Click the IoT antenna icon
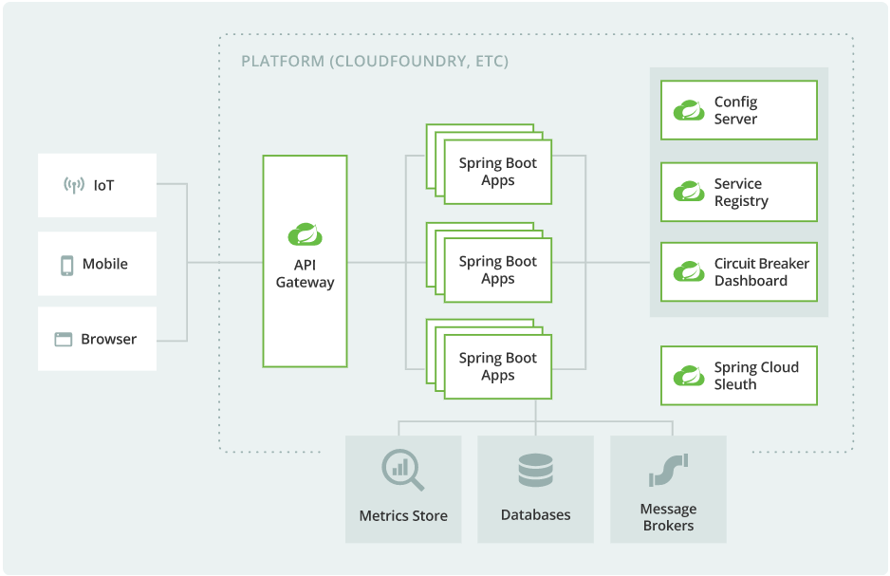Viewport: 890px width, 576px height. point(74,185)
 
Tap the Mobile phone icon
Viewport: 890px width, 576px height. point(67,265)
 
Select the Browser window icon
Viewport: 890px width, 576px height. point(64,340)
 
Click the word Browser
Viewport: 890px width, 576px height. point(108,340)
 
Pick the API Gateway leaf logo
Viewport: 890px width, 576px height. point(305,234)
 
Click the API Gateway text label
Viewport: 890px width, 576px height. point(305,274)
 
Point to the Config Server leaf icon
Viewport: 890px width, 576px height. point(689,110)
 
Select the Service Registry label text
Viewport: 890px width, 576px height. point(741,193)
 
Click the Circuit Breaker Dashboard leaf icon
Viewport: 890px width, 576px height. point(689,272)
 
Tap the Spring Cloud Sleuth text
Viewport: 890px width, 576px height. point(756,376)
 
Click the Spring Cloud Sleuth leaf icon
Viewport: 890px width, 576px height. point(689,376)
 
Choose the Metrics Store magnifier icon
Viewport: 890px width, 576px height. point(402,470)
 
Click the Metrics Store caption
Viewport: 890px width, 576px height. point(403,516)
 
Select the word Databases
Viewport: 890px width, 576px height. point(535,515)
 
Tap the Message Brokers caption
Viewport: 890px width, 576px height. point(668,517)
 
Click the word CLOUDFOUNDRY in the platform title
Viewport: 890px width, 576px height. point(399,62)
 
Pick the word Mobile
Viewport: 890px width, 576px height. point(105,265)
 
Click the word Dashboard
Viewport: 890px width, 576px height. point(751,281)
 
